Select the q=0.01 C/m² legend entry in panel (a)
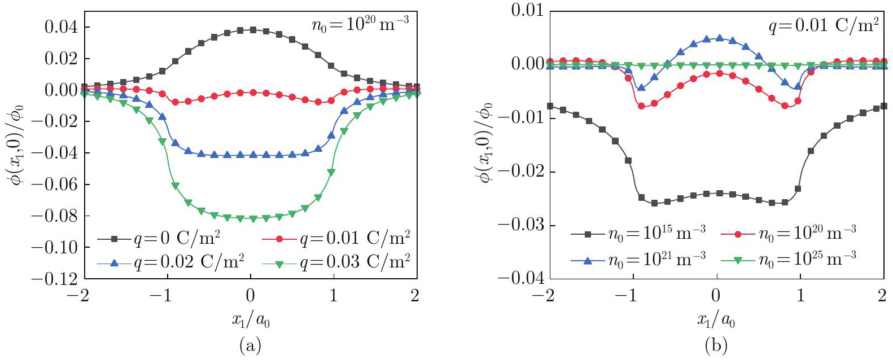point(336,239)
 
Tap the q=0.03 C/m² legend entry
point(336,262)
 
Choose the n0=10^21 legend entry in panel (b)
point(638,258)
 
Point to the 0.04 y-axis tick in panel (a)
point(62,27)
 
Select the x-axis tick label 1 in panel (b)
point(800,296)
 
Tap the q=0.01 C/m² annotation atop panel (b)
point(823,25)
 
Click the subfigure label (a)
point(251,345)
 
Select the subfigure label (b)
point(716,345)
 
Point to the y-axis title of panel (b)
point(485,144)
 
